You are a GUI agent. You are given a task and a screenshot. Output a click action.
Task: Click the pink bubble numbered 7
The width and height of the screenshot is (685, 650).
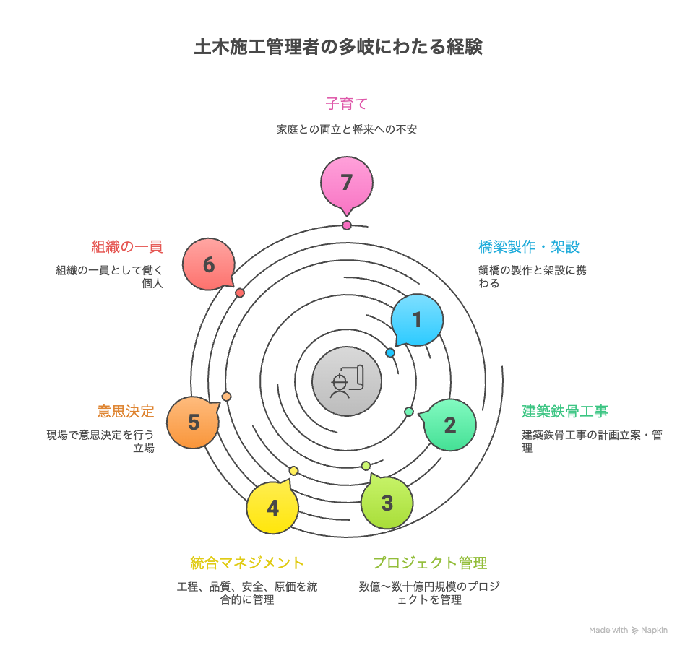tap(347, 183)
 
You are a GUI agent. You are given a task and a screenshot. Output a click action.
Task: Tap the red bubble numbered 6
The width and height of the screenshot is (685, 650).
tap(209, 265)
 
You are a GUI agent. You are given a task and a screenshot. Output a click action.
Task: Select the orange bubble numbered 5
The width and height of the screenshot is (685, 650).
tap(193, 422)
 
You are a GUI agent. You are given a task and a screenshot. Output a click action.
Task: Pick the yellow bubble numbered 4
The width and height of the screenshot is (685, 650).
tap(272, 508)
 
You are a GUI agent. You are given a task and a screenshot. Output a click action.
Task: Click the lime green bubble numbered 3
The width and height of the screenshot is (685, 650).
tap(387, 503)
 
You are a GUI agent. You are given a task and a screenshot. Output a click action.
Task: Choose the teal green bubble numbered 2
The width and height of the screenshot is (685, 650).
tap(449, 425)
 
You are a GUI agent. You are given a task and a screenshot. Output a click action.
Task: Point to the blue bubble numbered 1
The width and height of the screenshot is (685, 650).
tap(416, 320)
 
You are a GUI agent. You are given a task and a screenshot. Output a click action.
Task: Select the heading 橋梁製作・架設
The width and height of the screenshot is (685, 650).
tap(529, 247)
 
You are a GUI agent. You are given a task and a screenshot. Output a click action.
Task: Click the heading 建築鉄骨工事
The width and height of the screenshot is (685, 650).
tap(565, 412)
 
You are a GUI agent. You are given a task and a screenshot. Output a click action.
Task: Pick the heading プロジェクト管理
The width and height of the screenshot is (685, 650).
tap(430, 563)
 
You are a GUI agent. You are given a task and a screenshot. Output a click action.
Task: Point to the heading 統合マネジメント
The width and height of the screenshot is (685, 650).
tap(247, 563)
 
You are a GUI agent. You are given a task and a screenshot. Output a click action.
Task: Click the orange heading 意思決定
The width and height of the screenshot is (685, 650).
tap(126, 412)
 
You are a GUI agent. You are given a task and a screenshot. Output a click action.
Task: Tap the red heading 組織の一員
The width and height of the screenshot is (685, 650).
tap(127, 247)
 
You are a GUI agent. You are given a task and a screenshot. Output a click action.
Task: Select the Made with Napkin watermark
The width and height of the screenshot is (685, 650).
tap(628, 630)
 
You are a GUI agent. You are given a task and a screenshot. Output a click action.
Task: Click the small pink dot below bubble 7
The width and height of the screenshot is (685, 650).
tap(347, 225)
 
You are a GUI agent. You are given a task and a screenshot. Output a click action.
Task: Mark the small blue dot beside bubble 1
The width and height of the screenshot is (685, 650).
tap(390, 353)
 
